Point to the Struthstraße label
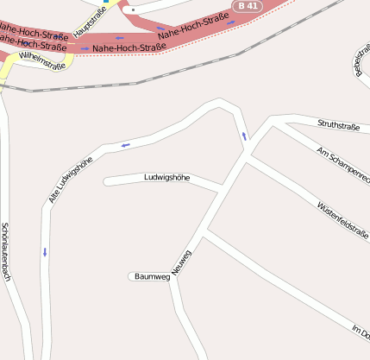[x=338, y=126]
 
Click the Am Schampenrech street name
[x=343, y=165]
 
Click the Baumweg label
[x=152, y=276]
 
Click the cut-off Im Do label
[x=361, y=332]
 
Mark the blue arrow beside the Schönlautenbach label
[x=44, y=252]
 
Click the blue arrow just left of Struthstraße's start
[x=244, y=136]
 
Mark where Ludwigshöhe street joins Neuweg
[x=222, y=188]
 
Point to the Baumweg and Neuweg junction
[x=172, y=278]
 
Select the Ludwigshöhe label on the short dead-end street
[x=166, y=177]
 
